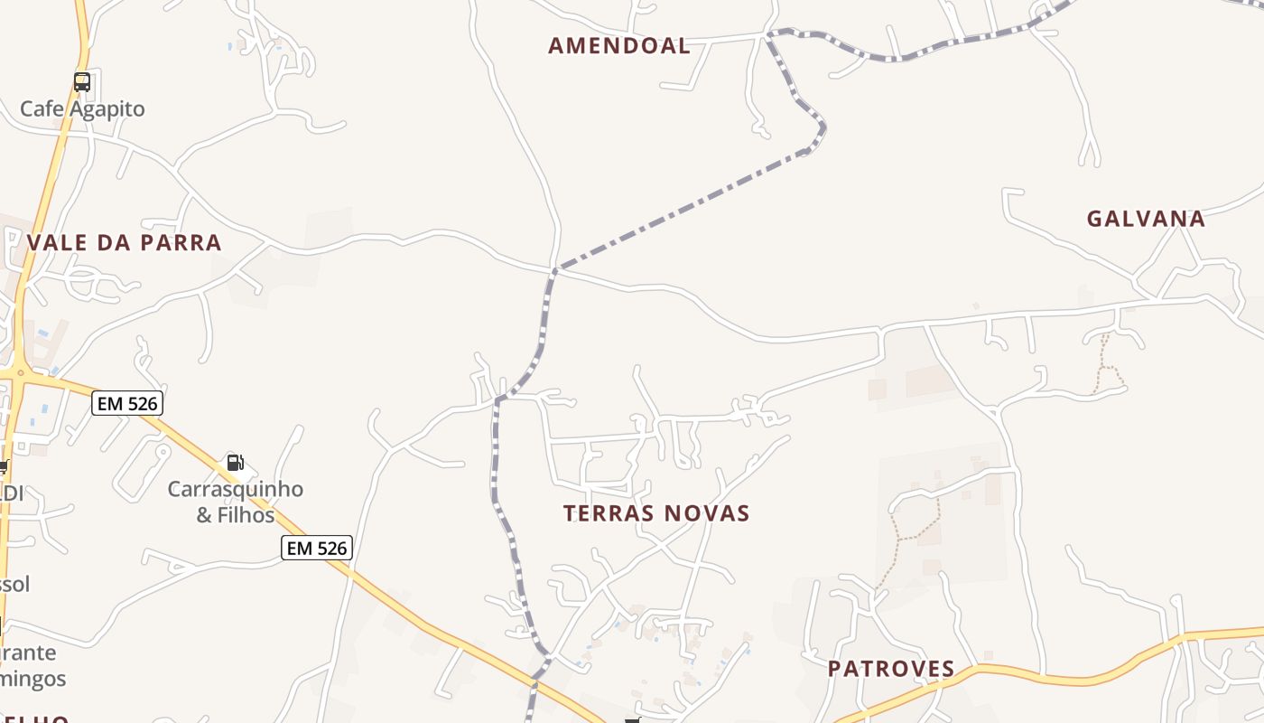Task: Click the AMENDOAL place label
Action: tap(619, 45)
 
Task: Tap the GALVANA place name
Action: tap(1146, 219)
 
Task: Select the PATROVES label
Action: tap(891, 669)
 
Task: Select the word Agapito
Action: tap(107, 109)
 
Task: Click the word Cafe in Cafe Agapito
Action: tap(42, 109)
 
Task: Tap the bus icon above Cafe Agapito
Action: tap(82, 82)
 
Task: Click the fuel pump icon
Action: tap(235, 463)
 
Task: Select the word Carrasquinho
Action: tap(236, 490)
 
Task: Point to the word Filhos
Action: tap(246, 515)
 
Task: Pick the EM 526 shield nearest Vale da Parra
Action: tap(127, 403)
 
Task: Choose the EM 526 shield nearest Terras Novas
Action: tap(315, 548)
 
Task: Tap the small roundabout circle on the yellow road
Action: tap(20, 372)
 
